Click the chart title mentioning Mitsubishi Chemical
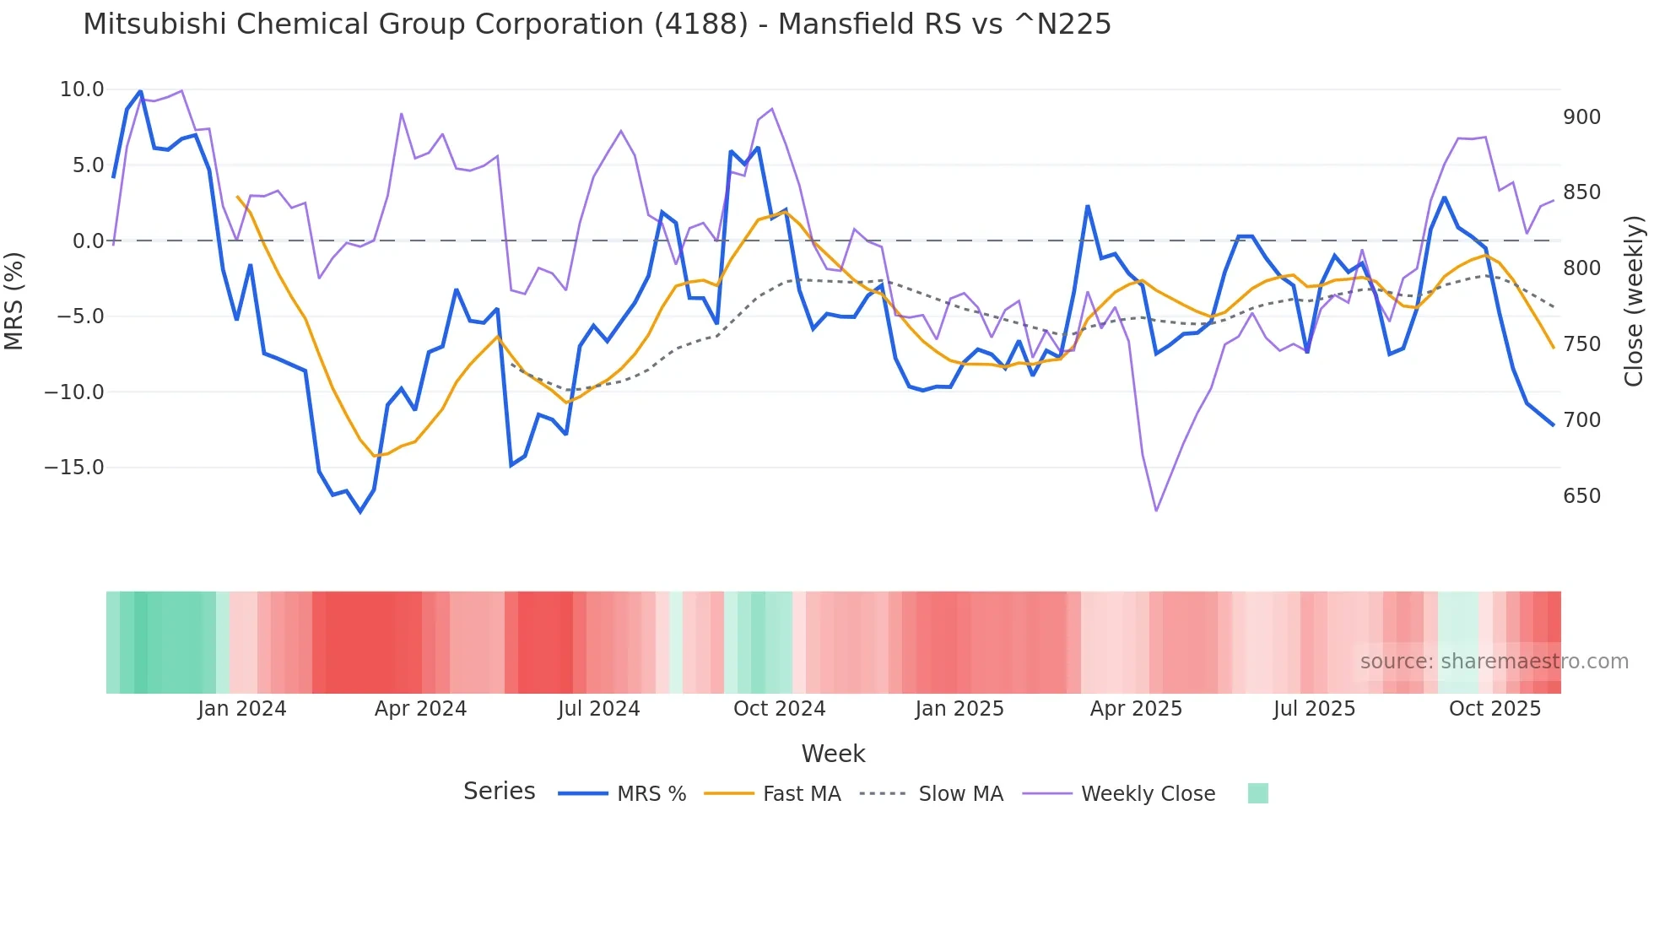pyautogui.click(x=597, y=24)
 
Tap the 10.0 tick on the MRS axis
pyautogui.click(x=82, y=89)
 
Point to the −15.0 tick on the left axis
pyautogui.click(x=74, y=468)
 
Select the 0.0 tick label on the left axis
pyautogui.click(x=88, y=241)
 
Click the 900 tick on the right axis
pyautogui.click(x=1581, y=117)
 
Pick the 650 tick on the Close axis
pyautogui.click(x=1581, y=496)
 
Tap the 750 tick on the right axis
pyautogui.click(x=1581, y=344)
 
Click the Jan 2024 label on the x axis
pyautogui.click(x=242, y=709)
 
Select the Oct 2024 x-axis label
pyautogui.click(x=779, y=709)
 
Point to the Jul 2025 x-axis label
pyautogui.click(x=1314, y=709)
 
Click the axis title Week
pyautogui.click(x=833, y=754)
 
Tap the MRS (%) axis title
pyautogui.click(x=14, y=301)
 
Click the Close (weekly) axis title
pyautogui.click(x=1634, y=301)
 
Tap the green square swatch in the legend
pyautogui.click(x=1257, y=793)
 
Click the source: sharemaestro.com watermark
pyautogui.click(x=1494, y=662)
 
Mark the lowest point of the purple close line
pyautogui.click(x=1156, y=511)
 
